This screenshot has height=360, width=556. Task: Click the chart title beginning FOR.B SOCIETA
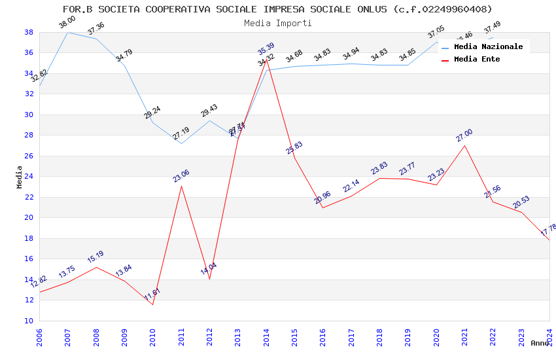click(277, 9)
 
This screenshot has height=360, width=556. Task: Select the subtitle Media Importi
click(277, 23)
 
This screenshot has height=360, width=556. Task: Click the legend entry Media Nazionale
click(488, 46)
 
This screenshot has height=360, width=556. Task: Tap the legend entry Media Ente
click(477, 59)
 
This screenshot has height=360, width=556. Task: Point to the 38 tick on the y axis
click(29, 32)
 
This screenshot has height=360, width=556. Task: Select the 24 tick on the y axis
click(29, 177)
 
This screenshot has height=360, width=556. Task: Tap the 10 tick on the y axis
click(29, 321)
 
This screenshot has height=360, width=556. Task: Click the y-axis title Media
click(20, 177)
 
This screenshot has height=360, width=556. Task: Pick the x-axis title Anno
click(540, 343)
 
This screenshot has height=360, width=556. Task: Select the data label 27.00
click(464, 135)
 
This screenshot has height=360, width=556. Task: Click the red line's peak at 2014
click(266, 59)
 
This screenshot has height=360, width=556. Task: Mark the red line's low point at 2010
click(152, 304)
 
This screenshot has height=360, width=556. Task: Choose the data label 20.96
click(322, 198)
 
